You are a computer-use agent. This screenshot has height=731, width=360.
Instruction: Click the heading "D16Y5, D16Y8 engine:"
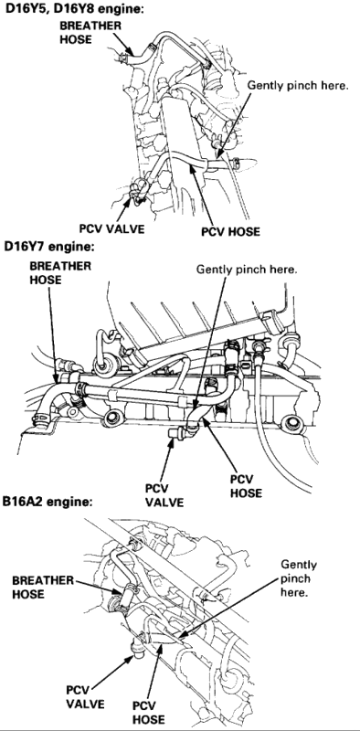click(75, 8)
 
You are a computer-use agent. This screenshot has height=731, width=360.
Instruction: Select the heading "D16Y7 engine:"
click(49, 246)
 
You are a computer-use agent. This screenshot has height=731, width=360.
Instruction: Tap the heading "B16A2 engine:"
click(48, 502)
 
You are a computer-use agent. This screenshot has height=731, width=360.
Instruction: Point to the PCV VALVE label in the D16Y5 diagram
click(111, 229)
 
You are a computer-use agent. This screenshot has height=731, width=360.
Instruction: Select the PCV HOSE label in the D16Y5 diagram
click(230, 231)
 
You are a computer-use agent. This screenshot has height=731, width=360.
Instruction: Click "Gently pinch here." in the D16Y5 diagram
click(298, 86)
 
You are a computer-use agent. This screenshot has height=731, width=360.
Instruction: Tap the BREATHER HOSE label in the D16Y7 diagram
click(60, 272)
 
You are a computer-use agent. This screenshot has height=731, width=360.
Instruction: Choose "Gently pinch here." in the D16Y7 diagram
click(247, 270)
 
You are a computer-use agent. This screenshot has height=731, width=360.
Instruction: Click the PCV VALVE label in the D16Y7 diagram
click(164, 495)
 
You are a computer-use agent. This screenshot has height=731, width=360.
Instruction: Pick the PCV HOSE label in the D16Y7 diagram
click(246, 486)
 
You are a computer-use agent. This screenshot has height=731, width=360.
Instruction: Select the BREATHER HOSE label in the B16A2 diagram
click(43, 588)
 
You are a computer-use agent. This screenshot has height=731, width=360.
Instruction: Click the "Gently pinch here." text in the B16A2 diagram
click(299, 578)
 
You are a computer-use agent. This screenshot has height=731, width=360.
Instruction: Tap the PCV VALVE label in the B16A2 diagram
click(85, 696)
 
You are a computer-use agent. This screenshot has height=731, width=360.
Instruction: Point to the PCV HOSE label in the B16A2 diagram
click(149, 713)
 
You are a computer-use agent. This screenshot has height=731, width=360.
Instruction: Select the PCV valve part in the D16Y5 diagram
click(139, 192)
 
